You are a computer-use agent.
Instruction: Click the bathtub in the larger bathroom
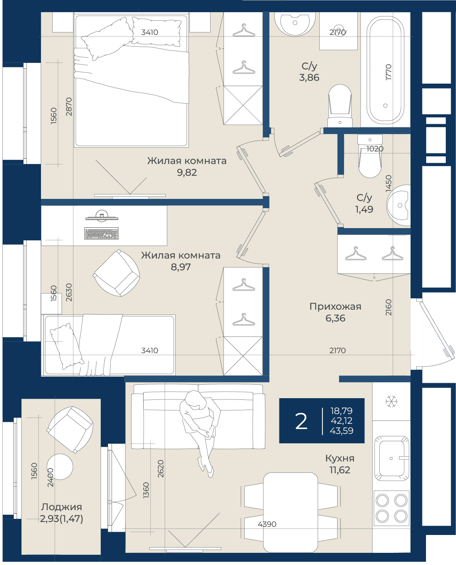[x=385, y=70]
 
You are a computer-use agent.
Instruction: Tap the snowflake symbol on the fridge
[x=391, y=401]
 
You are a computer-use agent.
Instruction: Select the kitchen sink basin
[x=391, y=458]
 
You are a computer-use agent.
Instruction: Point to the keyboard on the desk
[x=101, y=233]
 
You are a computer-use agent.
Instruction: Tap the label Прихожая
[x=336, y=306]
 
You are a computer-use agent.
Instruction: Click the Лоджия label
[x=62, y=507]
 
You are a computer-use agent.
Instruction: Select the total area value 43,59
[x=342, y=431]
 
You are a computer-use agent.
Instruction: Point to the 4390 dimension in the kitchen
[x=267, y=524]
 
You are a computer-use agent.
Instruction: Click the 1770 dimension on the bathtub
[x=388, y=72]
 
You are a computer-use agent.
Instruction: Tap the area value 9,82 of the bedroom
[x=187, y=173]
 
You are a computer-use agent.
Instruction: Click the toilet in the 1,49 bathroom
[x=370, y=156]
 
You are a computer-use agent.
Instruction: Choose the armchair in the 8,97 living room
[x=116, y=273]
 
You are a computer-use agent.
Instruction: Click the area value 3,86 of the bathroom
[x=309, y=78]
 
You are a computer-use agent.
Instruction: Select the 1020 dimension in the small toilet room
[x=375, y=149]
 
